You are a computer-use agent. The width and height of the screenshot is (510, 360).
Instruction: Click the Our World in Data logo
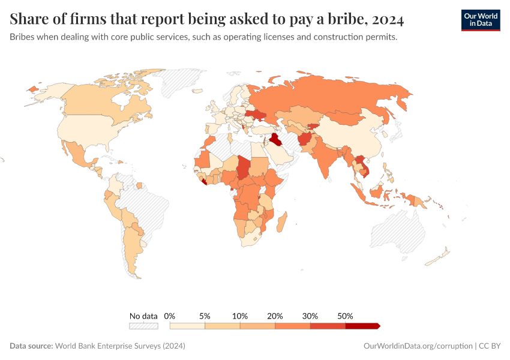coord(480,20)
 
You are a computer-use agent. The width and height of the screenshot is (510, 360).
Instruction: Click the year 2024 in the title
coord(388,19)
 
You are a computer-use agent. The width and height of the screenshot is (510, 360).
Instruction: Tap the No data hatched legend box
coord(143,326)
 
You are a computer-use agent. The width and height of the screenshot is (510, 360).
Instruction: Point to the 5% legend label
coord(205,316)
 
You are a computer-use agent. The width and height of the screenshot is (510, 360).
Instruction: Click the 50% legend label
coord(346,316)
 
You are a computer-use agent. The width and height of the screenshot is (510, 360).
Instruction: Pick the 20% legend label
coord(275,316)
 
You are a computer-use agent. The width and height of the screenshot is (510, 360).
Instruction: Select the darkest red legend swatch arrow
coord(362,326)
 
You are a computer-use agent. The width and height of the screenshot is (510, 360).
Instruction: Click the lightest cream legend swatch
coord(187,326)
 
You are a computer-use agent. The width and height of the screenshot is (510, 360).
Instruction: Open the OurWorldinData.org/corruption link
coord(418,346)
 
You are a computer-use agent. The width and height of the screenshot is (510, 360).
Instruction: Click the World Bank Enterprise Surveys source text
coord(119,346)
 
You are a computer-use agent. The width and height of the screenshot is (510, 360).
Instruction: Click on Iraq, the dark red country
coord(275,140)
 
